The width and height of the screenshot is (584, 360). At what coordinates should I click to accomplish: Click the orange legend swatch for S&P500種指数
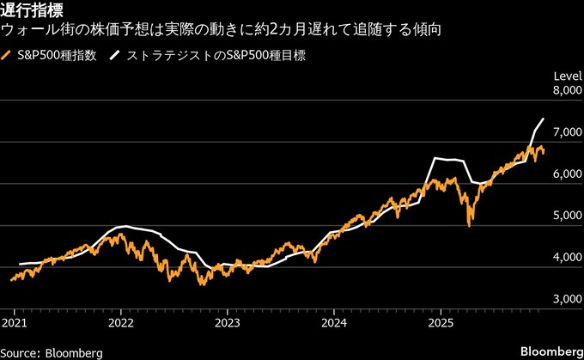pyautogui.click(x=8, y=56)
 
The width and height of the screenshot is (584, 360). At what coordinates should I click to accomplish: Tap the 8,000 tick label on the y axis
pyautogui.click(x=563, y=90)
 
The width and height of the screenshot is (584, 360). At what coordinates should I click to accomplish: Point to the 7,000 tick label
pyautogui.click(x=563, y=132)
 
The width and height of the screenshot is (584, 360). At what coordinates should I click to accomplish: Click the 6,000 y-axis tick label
pyautogui.click(x=563, y=174)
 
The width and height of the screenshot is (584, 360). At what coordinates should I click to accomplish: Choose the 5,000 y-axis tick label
pyautogui.click(x=563, y=216)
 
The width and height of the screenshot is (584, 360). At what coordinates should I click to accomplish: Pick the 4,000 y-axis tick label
pyautogui.click(x=563, y=258)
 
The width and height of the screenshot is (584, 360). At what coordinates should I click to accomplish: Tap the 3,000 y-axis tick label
pyautogui.click(x=563, y=299)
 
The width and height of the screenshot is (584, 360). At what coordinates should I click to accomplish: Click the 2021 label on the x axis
pyautogui.click(x=15, y=324)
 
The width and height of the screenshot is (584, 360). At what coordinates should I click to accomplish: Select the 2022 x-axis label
pyautogui.click(x=121, y=324)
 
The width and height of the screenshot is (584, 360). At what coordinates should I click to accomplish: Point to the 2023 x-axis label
pyautogui.click(x=227, y=324)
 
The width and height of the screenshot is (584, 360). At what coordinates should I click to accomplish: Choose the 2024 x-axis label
pyautogui.click(x=333, y=324)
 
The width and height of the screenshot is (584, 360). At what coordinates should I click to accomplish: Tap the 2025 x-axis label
pyautogui.click(x=440, y=324)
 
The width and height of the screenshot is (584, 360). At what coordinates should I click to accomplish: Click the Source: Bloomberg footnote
pyautogui.click(x=52, y=352)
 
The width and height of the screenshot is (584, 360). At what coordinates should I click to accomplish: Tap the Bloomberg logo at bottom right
pyautogui.click(x=550, y=352)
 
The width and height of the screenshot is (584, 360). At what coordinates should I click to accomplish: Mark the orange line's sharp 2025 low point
pyautogui.click(x=469, y=225)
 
